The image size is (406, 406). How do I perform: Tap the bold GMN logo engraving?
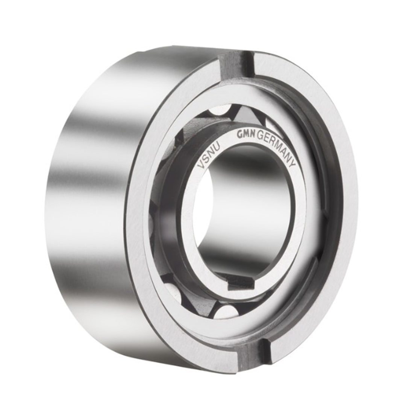coord(245,136)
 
